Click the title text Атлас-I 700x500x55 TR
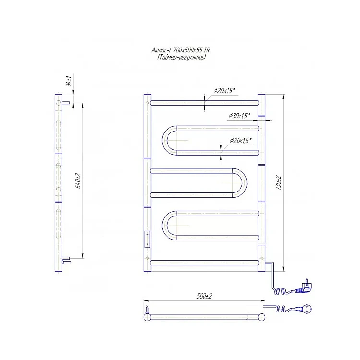(x=180, y=50)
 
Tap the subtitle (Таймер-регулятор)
(x=181, y=57)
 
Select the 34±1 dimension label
(x=69, y=81)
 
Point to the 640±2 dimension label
(x=78, y=181)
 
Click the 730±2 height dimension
(x=279, y=182)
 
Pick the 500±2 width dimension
(x=204, y=296)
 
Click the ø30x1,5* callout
(x=240, y=116)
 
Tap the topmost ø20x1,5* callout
(x=224, y=91)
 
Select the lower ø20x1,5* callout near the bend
(x=240, y=140)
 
